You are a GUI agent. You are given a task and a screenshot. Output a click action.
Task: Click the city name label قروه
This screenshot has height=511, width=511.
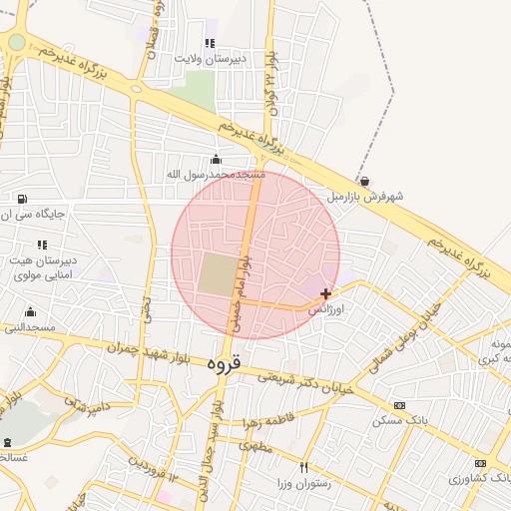tap(223, 365)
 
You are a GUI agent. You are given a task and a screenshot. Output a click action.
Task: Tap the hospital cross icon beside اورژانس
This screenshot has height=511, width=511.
tap(326, 293)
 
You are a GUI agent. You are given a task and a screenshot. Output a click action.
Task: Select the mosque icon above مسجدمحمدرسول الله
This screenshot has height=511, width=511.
tap(217, 160)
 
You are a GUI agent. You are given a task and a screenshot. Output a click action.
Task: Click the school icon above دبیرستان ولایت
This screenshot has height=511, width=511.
tap(210, 43)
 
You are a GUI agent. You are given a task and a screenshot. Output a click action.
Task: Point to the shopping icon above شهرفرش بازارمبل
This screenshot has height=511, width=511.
tap(364, 182)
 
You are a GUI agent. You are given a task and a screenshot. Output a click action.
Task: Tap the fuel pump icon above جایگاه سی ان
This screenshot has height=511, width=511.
tap(22, 198)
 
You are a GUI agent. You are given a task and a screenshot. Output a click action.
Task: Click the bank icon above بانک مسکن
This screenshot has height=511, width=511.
tap(399, 405)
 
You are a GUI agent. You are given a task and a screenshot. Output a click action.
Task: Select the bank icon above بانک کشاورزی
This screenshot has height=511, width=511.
tap(481, 463)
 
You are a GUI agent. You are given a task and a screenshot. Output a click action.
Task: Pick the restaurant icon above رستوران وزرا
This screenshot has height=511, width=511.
tap(304, 467)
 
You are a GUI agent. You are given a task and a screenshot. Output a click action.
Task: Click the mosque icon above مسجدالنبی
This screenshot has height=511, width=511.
tap(30, 311)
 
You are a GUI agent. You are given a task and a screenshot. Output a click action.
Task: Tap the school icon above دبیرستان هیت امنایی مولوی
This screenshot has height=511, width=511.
tap(42, 244)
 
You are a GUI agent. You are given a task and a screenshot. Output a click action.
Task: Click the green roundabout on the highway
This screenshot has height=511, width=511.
tap(17, 42)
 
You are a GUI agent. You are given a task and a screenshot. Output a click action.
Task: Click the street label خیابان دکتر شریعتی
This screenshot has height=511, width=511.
tap(306, 383)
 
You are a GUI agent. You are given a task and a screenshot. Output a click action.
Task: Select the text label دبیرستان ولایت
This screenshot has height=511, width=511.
tap(210, 58)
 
